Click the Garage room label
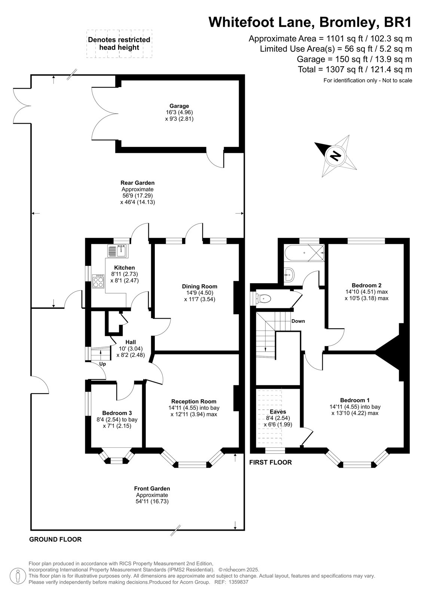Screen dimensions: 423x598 coord(179,106)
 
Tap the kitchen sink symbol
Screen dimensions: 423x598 coord(118,251)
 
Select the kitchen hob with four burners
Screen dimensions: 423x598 coord(98,281)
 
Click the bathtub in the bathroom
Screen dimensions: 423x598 coord(304,253)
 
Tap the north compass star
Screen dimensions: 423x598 coord(336,156)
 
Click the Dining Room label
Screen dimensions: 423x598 coord(200,286)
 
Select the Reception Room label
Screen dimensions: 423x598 coord(194,401)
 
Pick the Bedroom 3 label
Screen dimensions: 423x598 coord(117,413)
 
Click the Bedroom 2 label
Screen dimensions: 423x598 coord(367,285)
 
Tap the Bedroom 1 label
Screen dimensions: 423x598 coord(355,400)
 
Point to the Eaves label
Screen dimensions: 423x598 coord(278,411)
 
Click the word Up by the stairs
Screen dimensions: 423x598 coord(102,364)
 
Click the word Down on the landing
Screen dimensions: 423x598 coord(298,321)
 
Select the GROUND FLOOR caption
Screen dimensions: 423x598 coord(55,539)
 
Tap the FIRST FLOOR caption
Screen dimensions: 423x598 coord(270,462)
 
